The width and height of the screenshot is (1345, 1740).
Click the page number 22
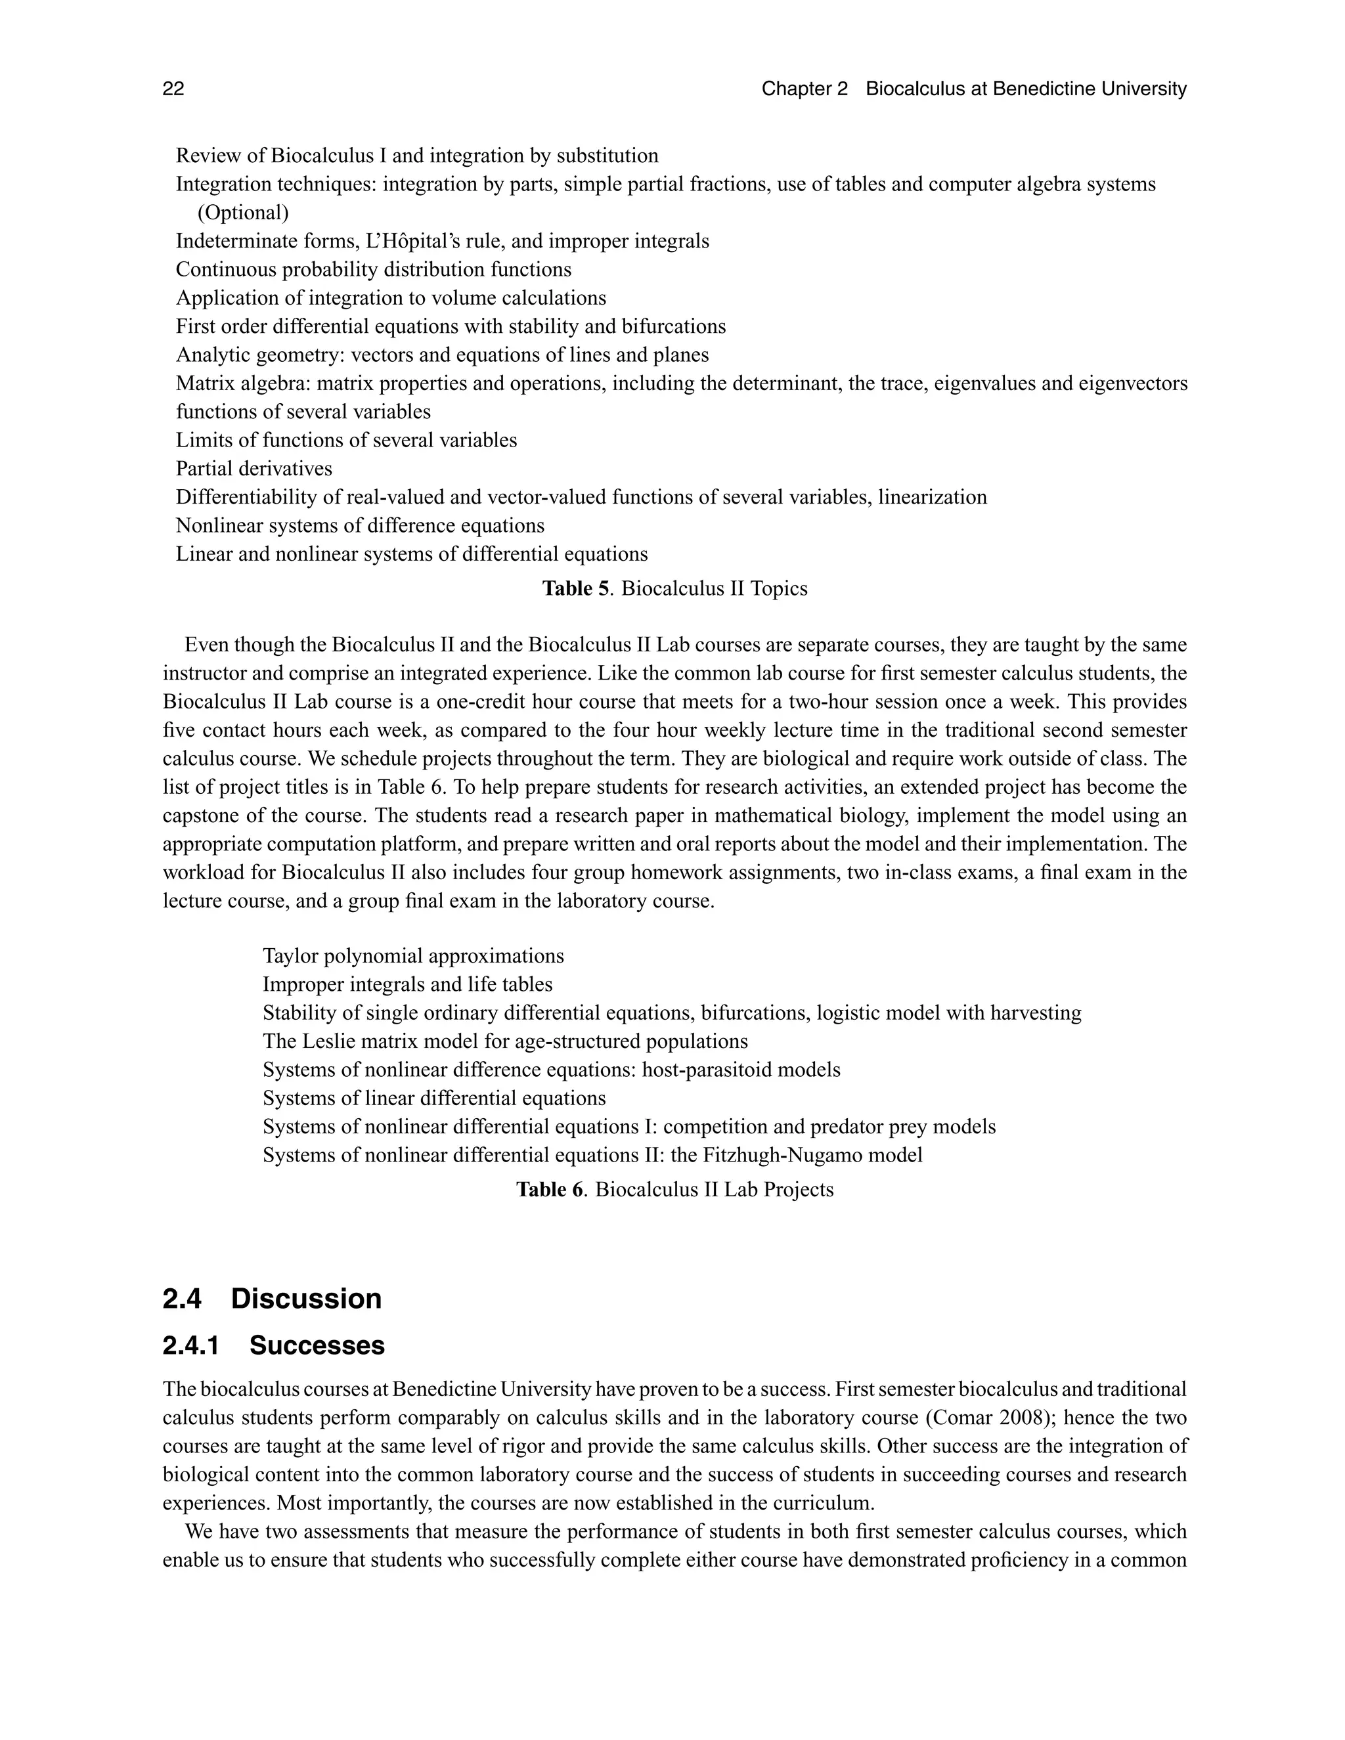point(173,89)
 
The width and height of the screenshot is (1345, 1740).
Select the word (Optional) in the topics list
point(243,213)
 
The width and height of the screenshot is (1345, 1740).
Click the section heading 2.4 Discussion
point(272,1299)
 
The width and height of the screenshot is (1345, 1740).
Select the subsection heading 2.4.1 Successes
point(273,1345)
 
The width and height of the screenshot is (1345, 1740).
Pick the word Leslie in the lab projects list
point(329,1041)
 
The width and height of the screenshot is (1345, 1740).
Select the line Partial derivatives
point(254,468)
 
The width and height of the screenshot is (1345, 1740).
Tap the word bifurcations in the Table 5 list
point(672,326)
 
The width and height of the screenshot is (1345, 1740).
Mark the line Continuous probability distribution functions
point(373,269)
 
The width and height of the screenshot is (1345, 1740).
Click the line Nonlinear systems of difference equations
point(359,526)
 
